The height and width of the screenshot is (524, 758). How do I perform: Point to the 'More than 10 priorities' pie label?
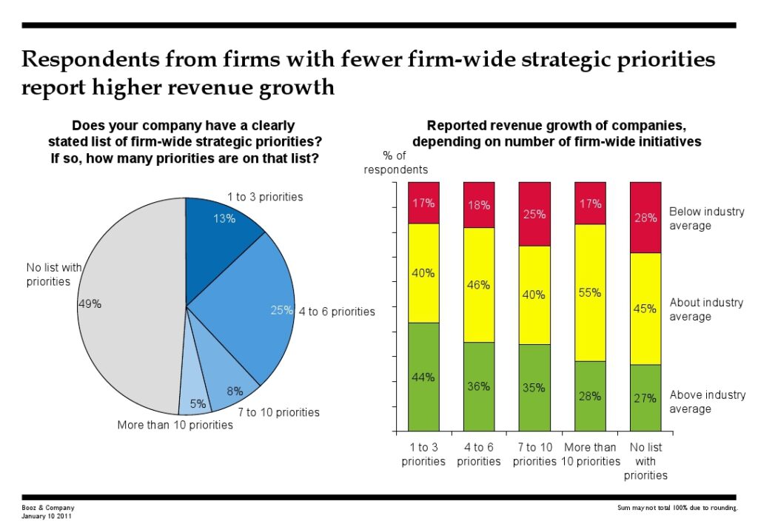[x=175, y=425]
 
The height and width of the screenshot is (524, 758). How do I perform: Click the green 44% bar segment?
[x=423, y=376]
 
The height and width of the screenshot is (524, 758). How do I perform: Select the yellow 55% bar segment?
[x=590, y=292]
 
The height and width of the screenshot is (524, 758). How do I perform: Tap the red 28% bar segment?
[x=645, y=218]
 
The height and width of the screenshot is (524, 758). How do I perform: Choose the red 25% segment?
[x=534, y=214]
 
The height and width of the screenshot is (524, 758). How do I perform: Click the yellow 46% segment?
[x=479, y=284]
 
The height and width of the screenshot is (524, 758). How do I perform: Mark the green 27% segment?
[x=645, y=397]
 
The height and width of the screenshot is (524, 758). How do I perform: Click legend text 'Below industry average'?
[x=705, y=218]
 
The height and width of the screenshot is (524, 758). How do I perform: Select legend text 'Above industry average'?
[x=707, y=402]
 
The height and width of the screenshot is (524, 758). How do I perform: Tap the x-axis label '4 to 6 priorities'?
[x=479, y=454]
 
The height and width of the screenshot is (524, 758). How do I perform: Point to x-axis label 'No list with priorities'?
[x=645, y=461]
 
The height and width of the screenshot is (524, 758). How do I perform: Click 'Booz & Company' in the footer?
[x=48, y=508]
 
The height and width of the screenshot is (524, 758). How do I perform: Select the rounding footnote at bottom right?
[x=677, y=508]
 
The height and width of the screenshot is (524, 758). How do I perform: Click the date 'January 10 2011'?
[x=47, y=516]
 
